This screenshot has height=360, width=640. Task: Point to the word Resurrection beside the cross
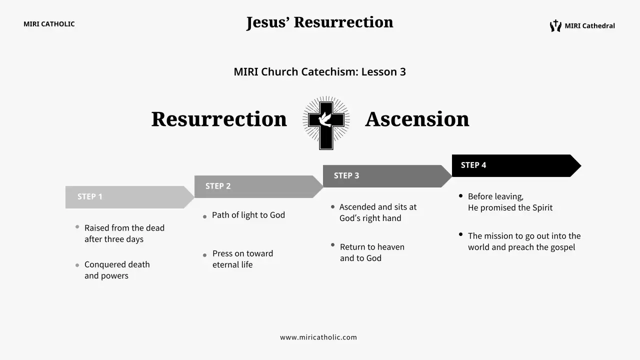pyautogui.click(x=219, y=119)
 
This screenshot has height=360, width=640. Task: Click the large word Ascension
pyautogui.click(x=417, y=119)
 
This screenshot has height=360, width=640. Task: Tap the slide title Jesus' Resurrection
pyautogui.click(x=319, y=22)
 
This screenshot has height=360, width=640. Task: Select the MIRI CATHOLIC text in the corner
pyautogui.click(x=49, y=24)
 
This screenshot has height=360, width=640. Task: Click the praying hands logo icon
pyautogui.click(x=555, y=26)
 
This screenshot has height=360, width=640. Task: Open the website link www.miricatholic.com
pyautogui.click(x=318, y=337)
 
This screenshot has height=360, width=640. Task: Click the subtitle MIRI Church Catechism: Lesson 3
pyautogui.click(x=319, y=71)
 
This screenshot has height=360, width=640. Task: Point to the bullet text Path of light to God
pyautogui.click(x=248, y=215)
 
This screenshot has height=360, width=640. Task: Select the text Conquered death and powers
pyautogui.click(x=117, y=270)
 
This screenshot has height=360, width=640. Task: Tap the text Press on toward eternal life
pyautogui.click(x=242, y=259)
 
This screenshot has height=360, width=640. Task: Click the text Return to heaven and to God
pyautogui.click(x=372, y=252)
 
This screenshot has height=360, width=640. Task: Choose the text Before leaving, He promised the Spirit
pyautogui.click(x=510, y=202)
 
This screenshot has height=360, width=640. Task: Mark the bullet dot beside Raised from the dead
pyautogui.click(x=77, y=226)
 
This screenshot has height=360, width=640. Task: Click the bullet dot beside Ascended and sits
pyautogui.click(x=332, y=206)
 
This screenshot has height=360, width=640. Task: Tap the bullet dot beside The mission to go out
pyautogui.click(x=460, y=234)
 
